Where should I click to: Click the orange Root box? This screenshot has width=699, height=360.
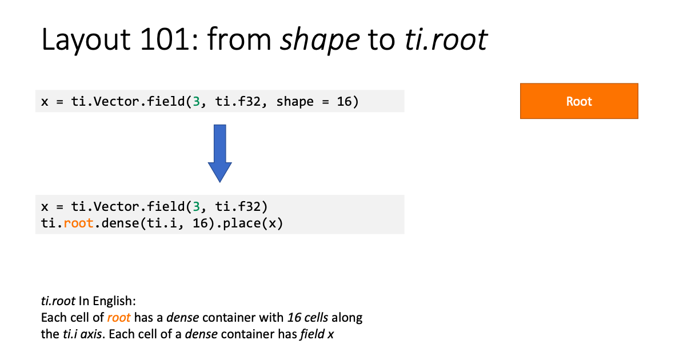(x=579, y=101)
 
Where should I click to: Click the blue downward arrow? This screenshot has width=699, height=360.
(x=219, y=154)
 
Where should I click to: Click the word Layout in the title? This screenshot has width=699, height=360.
(x=86, y=39)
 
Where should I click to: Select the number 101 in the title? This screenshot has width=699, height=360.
(x=165, y=39)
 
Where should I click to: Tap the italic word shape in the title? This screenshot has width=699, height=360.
(x=320, y=40)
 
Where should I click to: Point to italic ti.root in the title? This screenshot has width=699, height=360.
(x=446, y=39)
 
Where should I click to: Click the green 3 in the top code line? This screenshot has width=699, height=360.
(x=196, y=101)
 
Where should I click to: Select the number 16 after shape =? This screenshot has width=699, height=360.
(x=344, y=101)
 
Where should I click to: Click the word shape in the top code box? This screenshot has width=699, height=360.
(x=295, y=102)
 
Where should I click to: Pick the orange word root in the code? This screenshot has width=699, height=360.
(x=79, y=223)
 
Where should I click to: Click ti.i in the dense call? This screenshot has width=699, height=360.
(x=162, y=223)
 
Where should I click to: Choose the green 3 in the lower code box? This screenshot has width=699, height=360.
(x=196, y=206)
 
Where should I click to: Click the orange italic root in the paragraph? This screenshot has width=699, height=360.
(x=118, y=318)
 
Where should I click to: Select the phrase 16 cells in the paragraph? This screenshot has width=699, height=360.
(x=307, y=317)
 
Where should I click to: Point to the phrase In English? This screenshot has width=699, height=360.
(x=107, y=301)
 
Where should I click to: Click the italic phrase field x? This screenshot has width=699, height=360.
(x=317, y=334)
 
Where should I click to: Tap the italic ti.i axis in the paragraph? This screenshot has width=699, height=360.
(x=82, y=334)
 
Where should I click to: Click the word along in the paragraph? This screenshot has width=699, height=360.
(x=347, y=318)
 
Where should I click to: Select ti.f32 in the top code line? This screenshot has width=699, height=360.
(x=238, y=101)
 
